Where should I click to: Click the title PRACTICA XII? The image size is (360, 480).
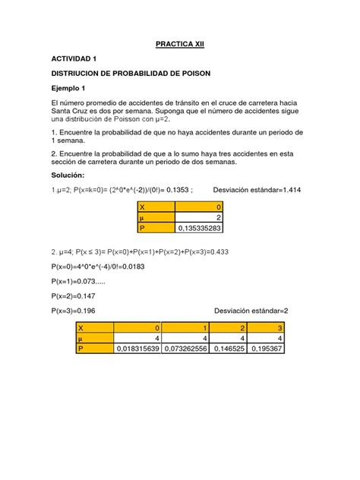180,45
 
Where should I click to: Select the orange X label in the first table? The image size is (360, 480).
142,205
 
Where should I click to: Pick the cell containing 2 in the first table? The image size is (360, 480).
218,216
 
